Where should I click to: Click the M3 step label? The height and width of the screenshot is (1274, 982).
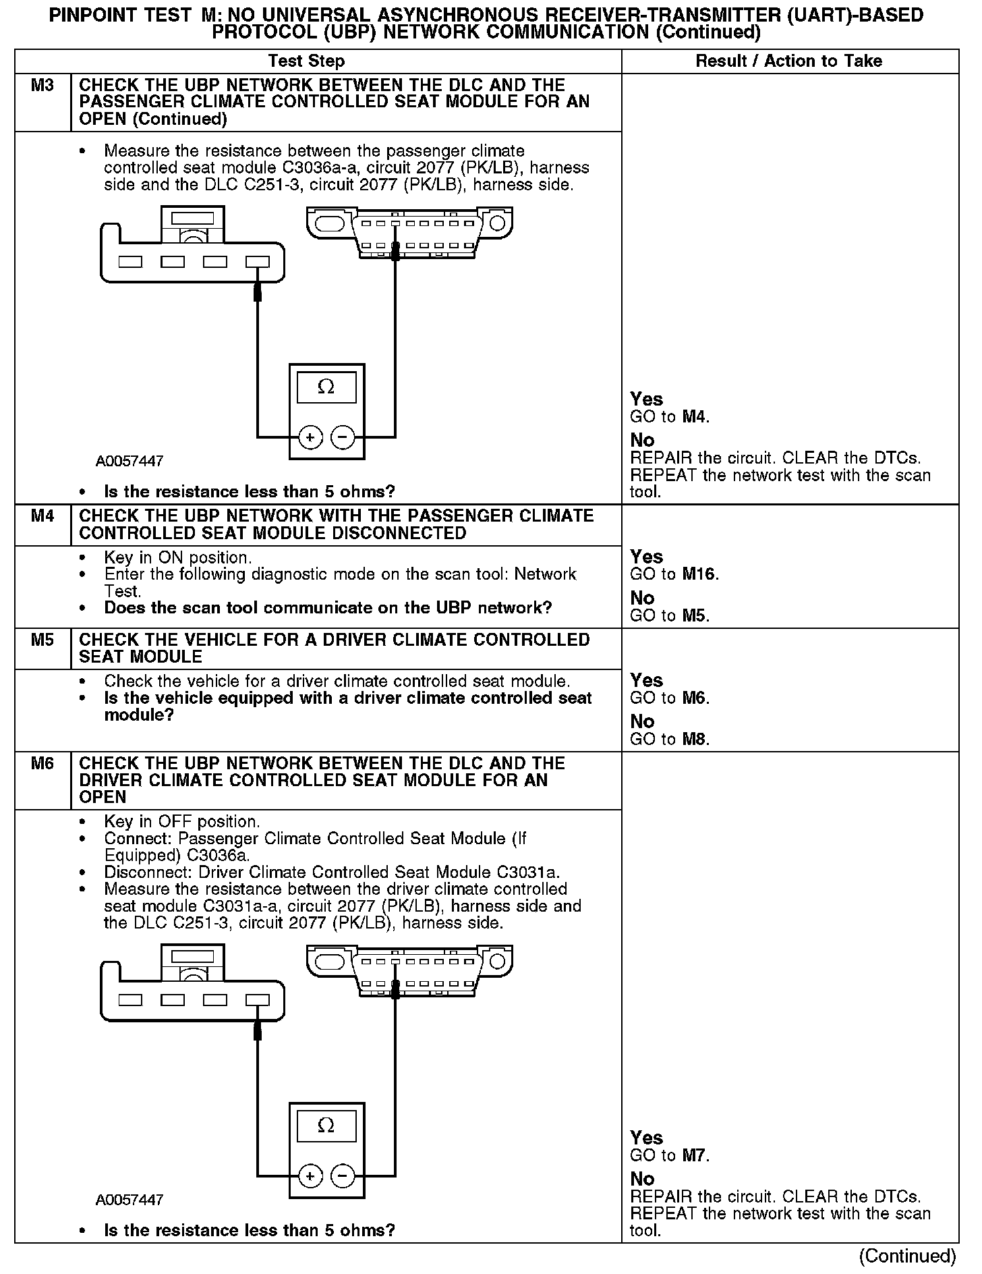tap(42, 86)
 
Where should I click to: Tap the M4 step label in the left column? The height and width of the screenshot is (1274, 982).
tap(42, 516)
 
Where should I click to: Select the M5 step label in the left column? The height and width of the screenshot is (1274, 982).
tap(42, 640)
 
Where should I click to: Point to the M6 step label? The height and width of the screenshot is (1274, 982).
tap(42, 763)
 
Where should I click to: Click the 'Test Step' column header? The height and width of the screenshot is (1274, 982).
tap(306, 61)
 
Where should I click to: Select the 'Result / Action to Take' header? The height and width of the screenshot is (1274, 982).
tap(788, 61)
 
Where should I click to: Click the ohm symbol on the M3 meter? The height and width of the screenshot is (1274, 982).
tap(326, 387)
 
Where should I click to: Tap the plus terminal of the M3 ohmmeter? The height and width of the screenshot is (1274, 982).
tap(310, 438)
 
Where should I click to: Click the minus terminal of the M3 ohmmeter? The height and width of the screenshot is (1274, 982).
tap(343, 438)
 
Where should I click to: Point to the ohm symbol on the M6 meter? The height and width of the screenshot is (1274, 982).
tap(326, 1126)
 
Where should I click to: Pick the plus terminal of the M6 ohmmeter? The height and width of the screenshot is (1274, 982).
tap(310, 1177)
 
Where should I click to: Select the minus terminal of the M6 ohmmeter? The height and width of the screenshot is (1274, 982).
tap(343, 1177)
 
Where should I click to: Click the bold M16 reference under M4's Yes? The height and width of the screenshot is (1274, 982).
tap(699, 574)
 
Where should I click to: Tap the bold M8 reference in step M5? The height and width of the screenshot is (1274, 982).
tap(695, 739)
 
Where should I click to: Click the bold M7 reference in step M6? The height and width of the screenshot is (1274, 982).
tap(695, 1155)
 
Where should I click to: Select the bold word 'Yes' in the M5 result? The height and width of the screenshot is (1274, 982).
tap(646, 680)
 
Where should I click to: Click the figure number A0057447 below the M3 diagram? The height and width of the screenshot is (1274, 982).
tap(129, 462)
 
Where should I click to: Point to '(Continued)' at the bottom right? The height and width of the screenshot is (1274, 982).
tap(907, 1256)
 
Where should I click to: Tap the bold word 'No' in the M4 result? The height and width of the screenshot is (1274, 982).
tap(642, 598)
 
